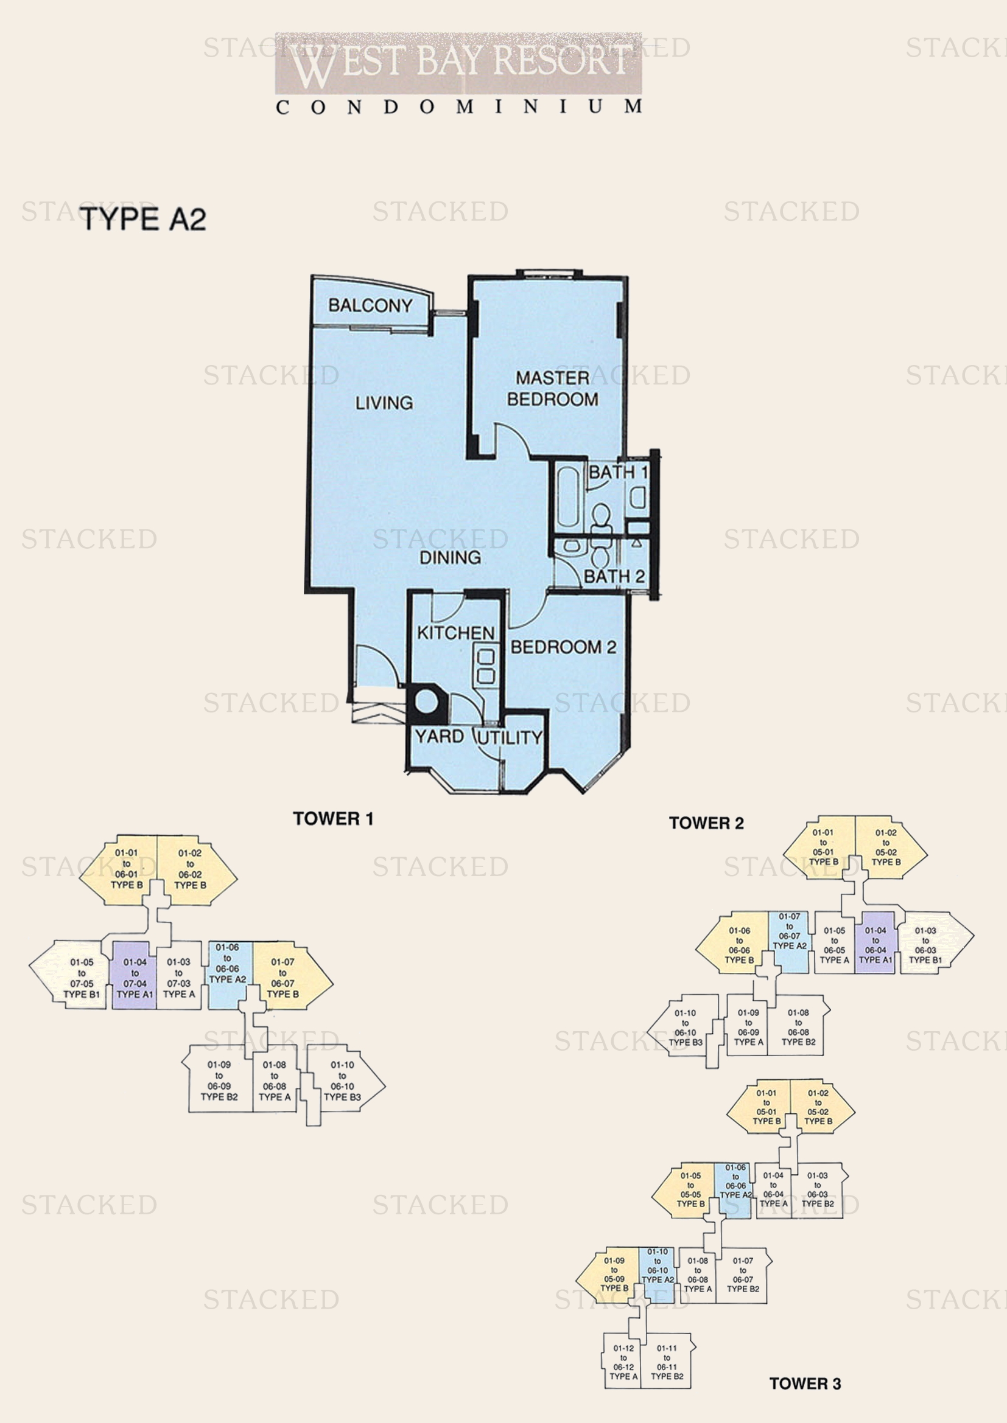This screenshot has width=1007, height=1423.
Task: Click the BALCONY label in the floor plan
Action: (370, 305)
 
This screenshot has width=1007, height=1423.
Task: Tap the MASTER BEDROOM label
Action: (552, 389)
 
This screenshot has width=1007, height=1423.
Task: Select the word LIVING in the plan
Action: (384, 403)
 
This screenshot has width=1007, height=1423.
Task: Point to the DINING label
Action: (450, 557)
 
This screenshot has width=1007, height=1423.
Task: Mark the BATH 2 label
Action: (614, 576)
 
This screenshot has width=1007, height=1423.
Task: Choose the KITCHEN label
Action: (456, 633)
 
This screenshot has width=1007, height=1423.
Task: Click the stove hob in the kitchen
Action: (485, 665)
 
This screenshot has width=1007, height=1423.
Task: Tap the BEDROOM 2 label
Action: (563, 648)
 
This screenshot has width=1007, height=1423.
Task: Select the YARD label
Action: (439, 736)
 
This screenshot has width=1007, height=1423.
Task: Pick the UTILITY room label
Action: (510, 737)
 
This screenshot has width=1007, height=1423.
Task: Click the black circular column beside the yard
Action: (426, 702)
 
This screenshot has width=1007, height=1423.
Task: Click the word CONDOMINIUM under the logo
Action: (458, 107)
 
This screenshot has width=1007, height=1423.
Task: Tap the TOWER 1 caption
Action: (333, 819)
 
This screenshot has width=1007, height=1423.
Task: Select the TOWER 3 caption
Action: (804, 1383)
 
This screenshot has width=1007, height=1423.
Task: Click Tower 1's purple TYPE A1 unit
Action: (135, 978)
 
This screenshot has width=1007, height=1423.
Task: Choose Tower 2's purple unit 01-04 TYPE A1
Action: (875, 945)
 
